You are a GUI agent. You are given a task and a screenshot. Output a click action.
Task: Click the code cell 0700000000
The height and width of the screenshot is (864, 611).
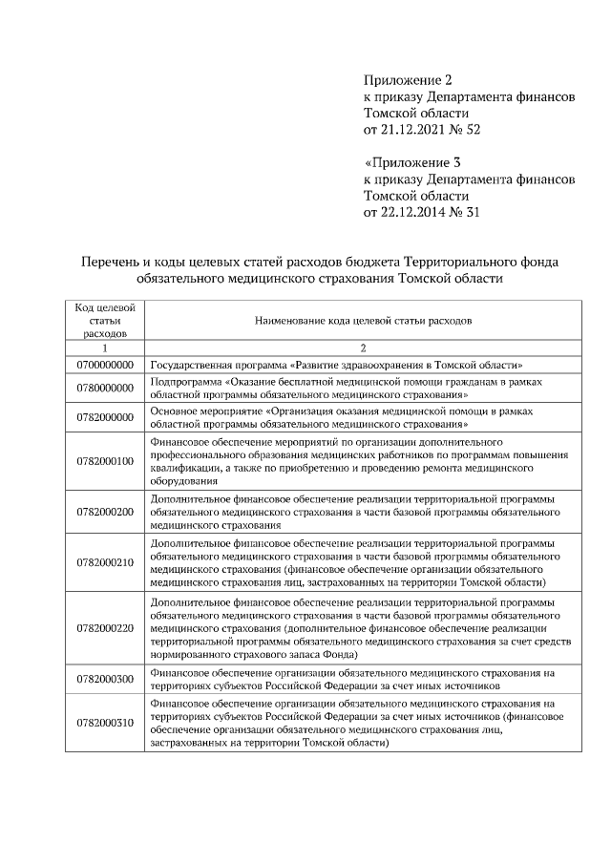[x=104, y=365]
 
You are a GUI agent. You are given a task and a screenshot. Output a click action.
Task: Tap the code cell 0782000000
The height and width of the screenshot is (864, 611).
[x=104, y=417]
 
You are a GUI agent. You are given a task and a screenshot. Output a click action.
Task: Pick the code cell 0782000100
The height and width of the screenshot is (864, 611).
[x=104, y=461]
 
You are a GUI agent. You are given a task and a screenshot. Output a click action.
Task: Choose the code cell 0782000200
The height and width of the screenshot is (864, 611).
[x=104, y=512]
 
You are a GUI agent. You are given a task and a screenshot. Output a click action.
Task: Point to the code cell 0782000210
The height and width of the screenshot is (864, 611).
[x=104, y=561]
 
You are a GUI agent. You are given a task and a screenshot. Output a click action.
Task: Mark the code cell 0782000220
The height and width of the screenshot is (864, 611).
[x=104, y=627]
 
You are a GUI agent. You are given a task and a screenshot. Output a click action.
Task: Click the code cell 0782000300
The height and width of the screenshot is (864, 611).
[x=104, y=679]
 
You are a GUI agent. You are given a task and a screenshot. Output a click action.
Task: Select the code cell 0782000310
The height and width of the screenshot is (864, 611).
[x=104, y=723]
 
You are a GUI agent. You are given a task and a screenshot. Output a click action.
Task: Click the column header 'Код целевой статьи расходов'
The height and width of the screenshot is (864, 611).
[x=104, y=321]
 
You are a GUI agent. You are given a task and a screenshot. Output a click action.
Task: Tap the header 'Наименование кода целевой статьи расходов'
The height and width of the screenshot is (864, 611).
[x=363, y=322]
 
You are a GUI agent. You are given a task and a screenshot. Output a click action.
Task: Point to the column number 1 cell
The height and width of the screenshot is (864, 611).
[x=104, y=348]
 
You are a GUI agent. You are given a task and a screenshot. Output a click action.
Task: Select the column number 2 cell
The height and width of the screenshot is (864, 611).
[x=363, y=348]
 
